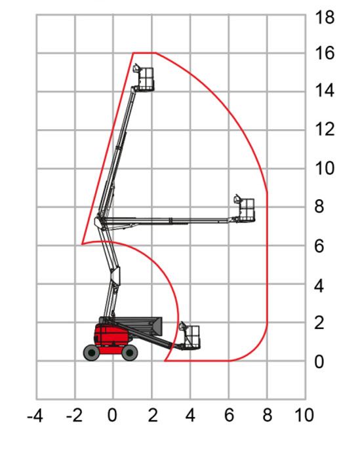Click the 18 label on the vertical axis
(325, 17)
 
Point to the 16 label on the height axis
(325, 53)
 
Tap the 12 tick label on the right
(325, 129)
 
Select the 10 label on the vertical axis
(325, 168)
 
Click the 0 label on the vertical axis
(319, 362)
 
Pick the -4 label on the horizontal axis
(35, 416)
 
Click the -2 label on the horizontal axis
(74, 416)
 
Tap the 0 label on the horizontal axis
(112, 415)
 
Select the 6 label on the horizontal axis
(229, 415)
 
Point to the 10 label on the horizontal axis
(304, 415)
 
